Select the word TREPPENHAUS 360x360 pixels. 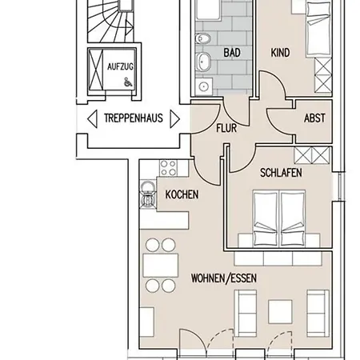click(x=133, y=118)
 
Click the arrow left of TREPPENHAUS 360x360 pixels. click(x=93, y=118)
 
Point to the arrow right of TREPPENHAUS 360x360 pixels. click(x=174, y=118)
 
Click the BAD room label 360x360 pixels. click(x=232, y=54)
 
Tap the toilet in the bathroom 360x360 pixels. click(x=204, y=42)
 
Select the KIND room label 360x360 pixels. click(x=280, y=54)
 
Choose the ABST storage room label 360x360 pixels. click(x=314, y=118)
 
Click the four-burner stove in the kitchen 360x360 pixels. click(x=168, y=167)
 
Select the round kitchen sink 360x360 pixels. click(x=148, y=188)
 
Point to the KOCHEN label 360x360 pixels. click(x=182, y=194)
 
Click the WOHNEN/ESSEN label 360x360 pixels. click(x=224, y=278)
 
